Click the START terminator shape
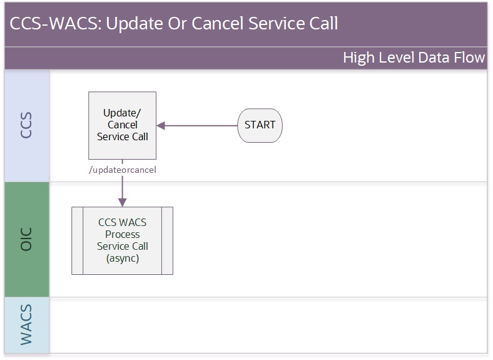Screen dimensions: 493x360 [260, 126]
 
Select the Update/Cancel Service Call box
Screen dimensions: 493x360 [122, 126]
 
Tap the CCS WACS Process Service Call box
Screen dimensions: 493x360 [122, 241]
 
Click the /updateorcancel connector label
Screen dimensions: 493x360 [122, 170]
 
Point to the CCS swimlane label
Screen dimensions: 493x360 [26, 125]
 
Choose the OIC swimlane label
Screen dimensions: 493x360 [26, 239]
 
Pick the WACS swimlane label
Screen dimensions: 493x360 [26, 325]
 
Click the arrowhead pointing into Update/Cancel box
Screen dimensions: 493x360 [161, 126]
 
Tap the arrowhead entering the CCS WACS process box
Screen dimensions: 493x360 [122, 202]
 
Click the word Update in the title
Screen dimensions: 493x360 [135, 24]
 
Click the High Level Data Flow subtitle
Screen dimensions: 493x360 [414, 58]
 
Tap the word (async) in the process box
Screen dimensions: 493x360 [122, 259]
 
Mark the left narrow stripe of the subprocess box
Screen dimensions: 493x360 [78, 241]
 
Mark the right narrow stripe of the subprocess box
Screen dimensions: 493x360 [167, 241]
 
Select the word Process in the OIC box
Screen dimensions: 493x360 [122, 235]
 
